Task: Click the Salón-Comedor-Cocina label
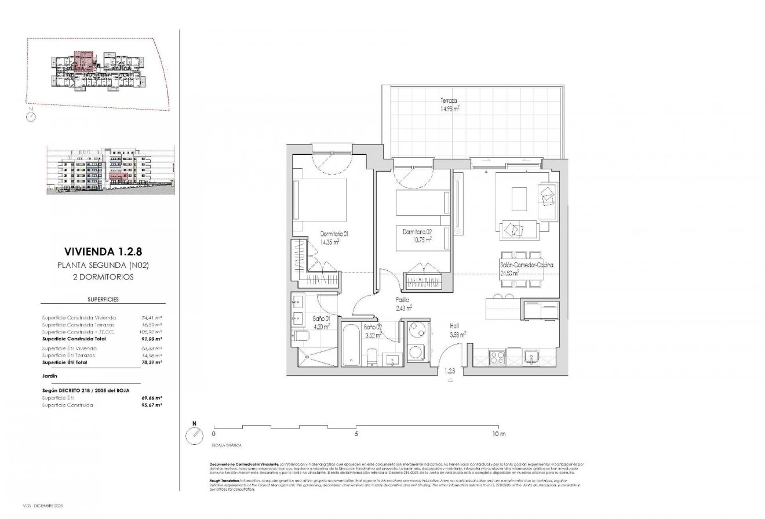(x=526, y=265)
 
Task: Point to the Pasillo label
(x=403, y=300)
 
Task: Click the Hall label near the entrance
(x=455, y=326)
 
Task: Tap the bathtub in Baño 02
(x=352, y=346)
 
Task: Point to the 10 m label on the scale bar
(x=499, y=434)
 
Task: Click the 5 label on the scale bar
(x=356, y=434)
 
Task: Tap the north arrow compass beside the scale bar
(x=194, y=435)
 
